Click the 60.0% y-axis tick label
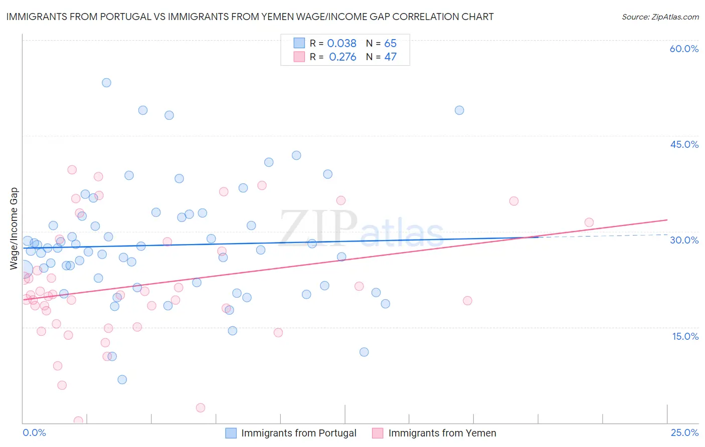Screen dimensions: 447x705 tap(684, 49)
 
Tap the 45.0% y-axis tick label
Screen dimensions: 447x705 tap(684, 144)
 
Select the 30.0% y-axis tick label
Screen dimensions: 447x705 tap(684, 240)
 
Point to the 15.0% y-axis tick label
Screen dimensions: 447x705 tap(685, 336)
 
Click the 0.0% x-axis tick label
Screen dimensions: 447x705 tap(35, 432)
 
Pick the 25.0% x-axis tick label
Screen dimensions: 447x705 tap(684, 432)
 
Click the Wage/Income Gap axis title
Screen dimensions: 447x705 tap(14, 229)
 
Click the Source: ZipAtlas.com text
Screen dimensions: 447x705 tap(660, 17)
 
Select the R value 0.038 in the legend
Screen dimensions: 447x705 tap(341, 44)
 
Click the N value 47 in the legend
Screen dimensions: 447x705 tap(390, 57)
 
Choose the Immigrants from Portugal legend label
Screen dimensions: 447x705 tap(298, 433)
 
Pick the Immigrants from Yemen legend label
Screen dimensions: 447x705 tap(442, 433)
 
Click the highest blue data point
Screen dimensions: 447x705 tap(106, 83)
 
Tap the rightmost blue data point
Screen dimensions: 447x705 tap(459, 110)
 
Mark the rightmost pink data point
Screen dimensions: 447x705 tap(589, 222)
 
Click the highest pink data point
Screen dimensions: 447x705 tap(72, 170)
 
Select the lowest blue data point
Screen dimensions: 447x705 tap(122, 379)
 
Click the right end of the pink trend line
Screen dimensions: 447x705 tap(667, 219)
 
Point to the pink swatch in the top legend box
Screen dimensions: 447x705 tap(299, 57)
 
